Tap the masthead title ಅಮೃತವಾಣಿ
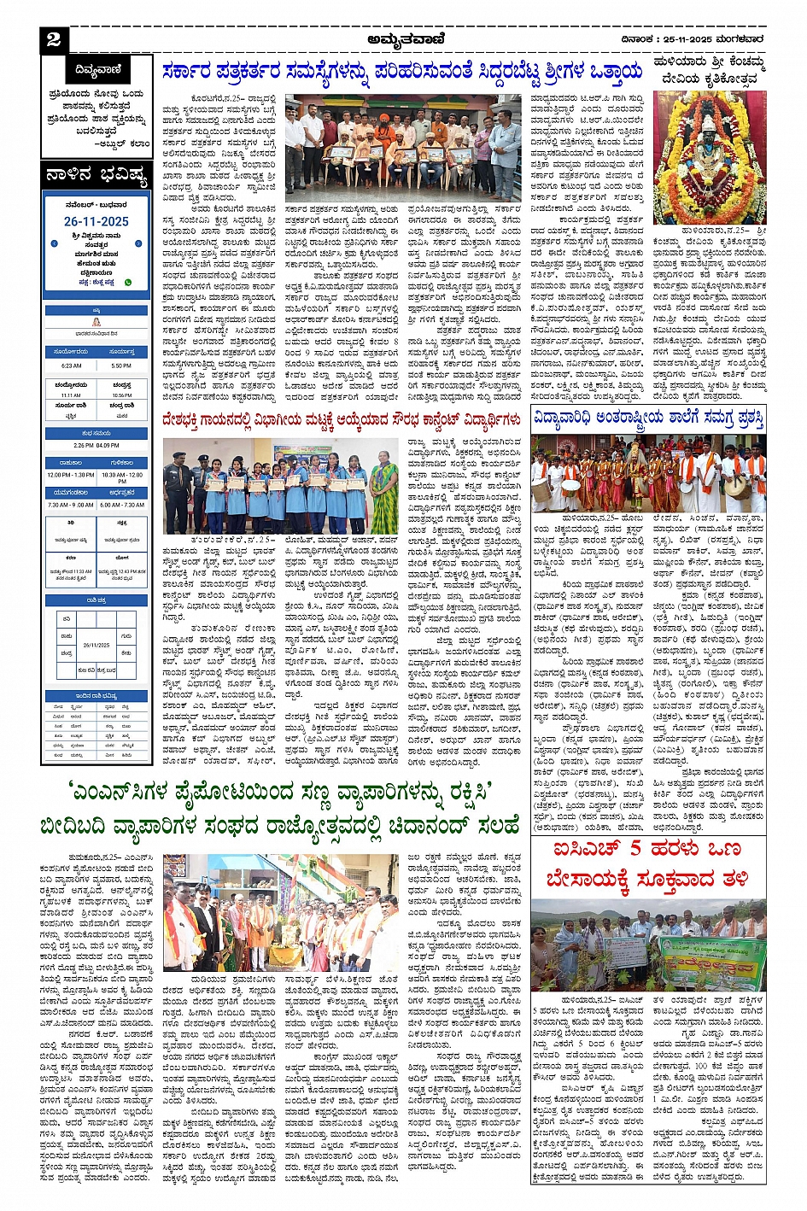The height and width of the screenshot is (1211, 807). pos(403,38)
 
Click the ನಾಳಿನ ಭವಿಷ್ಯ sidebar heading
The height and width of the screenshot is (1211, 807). pos(96,176)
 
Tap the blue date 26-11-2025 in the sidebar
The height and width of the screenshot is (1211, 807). pos(96,221)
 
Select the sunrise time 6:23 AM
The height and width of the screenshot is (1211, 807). pos(72,366)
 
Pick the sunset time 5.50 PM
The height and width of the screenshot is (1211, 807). pos(121,366)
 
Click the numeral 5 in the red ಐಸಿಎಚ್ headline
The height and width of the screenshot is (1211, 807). pos(634,851)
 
